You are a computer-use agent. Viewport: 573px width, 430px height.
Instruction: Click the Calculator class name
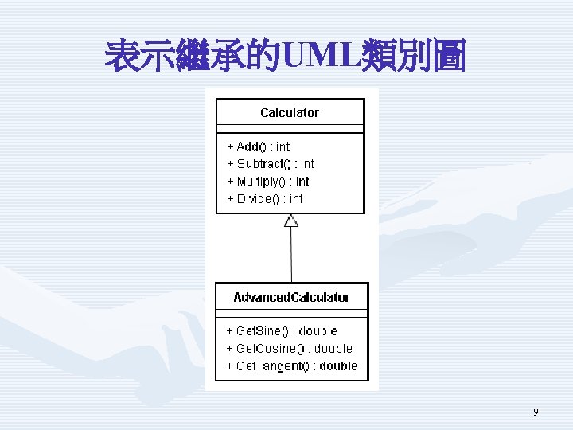coord(290,112)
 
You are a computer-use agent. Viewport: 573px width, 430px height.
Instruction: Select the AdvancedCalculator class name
coord(291,297)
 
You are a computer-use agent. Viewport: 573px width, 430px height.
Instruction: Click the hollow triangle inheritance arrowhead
coord(291,221)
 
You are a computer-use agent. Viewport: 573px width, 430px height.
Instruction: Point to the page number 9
coord(536,412)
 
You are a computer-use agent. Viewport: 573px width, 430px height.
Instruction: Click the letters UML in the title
coord(322,55)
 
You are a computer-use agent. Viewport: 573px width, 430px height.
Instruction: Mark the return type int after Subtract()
coord(307,164)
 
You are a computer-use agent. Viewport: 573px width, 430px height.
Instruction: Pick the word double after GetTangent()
coord(338,365)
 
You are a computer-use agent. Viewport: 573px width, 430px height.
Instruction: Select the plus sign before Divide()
coord(230,198)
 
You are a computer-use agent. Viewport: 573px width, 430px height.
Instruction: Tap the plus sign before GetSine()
coord(229,331)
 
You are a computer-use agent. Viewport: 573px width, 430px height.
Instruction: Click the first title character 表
coord(123,56)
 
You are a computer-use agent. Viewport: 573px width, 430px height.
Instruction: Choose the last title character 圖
coord(448,56)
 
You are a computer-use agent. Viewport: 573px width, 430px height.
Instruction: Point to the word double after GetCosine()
coord(333,348)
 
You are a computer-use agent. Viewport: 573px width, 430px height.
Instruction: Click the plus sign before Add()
coord(230,147)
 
